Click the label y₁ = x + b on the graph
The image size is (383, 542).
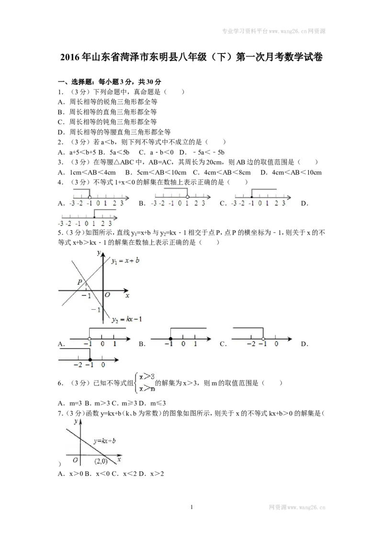tap(125, 261)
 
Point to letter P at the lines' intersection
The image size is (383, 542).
tap(80, 282)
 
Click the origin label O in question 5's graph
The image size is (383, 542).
tap(107, 295)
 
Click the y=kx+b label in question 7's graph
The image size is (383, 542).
tap(104, 440)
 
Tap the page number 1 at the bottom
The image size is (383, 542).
tap(191, 507)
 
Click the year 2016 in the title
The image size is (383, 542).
tap(70, 57)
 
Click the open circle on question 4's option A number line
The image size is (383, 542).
tap(90, 197)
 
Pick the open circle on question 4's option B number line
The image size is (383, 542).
tap(187, 197)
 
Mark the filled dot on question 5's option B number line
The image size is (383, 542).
tap(171, 339)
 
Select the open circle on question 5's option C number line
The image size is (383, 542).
tap(263, 339)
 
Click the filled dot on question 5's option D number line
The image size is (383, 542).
tap(90, 360)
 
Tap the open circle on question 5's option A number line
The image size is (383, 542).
tap(90, 339)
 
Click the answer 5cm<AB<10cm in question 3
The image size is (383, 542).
tap(156, 172)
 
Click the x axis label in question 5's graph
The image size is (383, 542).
tap(127, 295)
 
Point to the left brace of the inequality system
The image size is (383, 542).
tap(136, 383)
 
